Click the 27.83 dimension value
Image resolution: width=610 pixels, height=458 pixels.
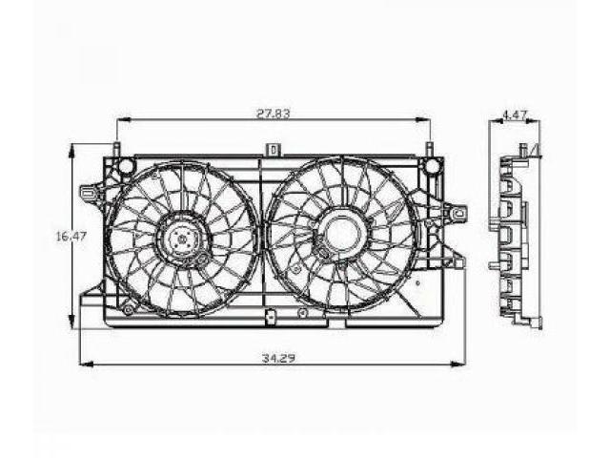pyautogui.click(x=274, y=114)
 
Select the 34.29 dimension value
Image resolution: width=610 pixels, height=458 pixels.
pyautogui.click(x=277, y=358)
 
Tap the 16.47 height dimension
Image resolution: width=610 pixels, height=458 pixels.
pyautogui.click(x=71, y=237)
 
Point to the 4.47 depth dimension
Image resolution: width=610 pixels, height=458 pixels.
pyautogui.click(x=515, y=114)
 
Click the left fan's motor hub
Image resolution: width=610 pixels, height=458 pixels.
pyautogui.click(x=182, y=239)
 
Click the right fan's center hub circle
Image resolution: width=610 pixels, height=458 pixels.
pyautogui.click(x=341, y=233)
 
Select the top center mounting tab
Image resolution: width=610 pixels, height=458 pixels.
pyautogui.click(x=274, y=150)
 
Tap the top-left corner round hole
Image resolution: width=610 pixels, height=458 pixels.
pyautogui.click(x=126, y=165)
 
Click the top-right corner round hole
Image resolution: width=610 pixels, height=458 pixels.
pyautogui.click(x=431, y=166)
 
